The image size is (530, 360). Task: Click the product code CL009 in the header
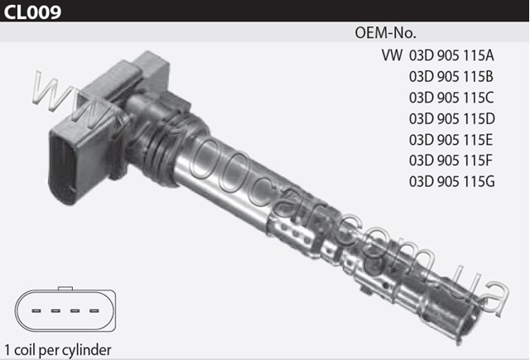point(32,11)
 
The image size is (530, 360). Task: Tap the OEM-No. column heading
point(386,33)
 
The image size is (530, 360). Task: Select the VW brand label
point(392,55)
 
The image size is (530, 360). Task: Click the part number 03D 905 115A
point(451,55)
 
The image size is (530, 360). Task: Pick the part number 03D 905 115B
point(451,76)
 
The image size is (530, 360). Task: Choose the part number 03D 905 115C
point(451,98)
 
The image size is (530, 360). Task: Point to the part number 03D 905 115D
point(452,118)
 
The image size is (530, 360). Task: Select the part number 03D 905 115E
point(450,140)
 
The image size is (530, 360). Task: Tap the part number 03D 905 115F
point(450,161)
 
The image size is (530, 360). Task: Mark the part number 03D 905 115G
point(452,182)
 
